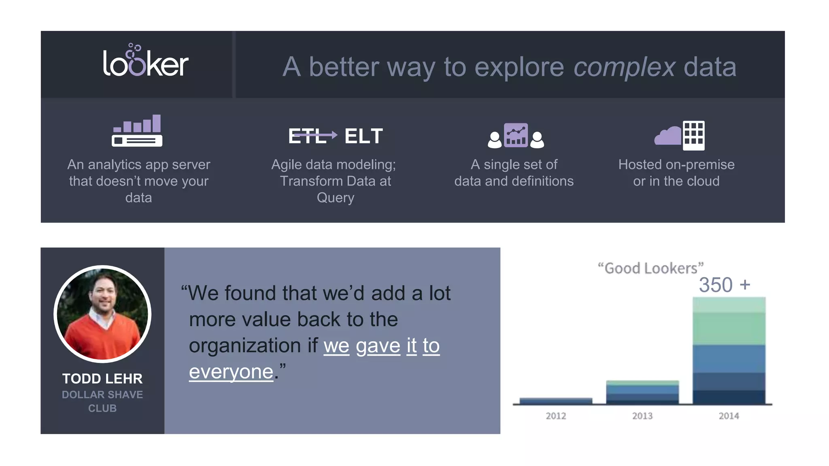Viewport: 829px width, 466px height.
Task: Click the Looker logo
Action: pyautogui.click(x=146, y=61)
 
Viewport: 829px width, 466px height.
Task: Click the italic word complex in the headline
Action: pyautogui.click(x=624, y=67)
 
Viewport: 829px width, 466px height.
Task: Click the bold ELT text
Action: pyautogui.click(x=363, y=136)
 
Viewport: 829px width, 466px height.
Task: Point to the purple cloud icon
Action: pyautogui.click(x=668, y=136)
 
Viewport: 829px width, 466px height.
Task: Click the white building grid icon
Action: pyautogui.click(x=693, y=136)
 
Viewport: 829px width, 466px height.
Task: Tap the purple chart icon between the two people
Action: pyautogui.click(x=516, y=135)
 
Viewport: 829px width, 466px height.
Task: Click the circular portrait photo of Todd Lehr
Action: pyautogui.click(x=102, y=314)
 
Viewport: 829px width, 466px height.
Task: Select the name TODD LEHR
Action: pyautogui.click(x=102, y=379)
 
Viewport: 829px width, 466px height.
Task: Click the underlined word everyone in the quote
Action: pyautogui.click(x=231, y=371)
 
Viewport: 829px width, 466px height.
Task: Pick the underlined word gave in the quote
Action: pyautogui.click(x=378, y=345)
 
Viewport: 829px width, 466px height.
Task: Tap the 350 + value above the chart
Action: pyautogui.click(x=724, y=285)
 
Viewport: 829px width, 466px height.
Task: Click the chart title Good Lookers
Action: pyautogui.click(x=650, y=268)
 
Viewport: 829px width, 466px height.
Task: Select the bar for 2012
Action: pyautogui.click(x=556, y=400)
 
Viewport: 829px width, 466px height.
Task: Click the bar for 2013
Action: pyautogui.click(x=642, y=392)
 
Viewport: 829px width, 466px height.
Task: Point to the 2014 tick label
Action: pyautogui.click(x=729, y=416)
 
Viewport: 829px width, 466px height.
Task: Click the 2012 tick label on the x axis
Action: pyautogui.click(x=556, y=416)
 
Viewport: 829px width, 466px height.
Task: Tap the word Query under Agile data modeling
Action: pyautogui.click(x=335, y=198)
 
